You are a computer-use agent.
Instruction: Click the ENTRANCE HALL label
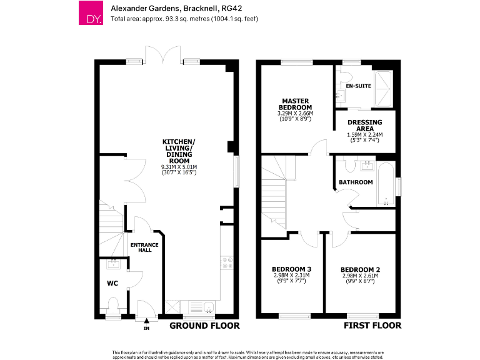(144, 247)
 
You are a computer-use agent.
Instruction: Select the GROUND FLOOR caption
(204, 326)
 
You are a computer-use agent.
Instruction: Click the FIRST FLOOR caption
(372, 326)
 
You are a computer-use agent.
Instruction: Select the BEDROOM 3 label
(292, 269)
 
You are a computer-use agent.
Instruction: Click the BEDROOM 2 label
(361, 269)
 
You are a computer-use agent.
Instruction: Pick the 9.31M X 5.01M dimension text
(179, 167)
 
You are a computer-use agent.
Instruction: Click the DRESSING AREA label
(364, 125)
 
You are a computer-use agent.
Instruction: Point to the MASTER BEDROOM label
(296, 104)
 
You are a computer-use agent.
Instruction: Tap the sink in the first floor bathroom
(366, 166)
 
